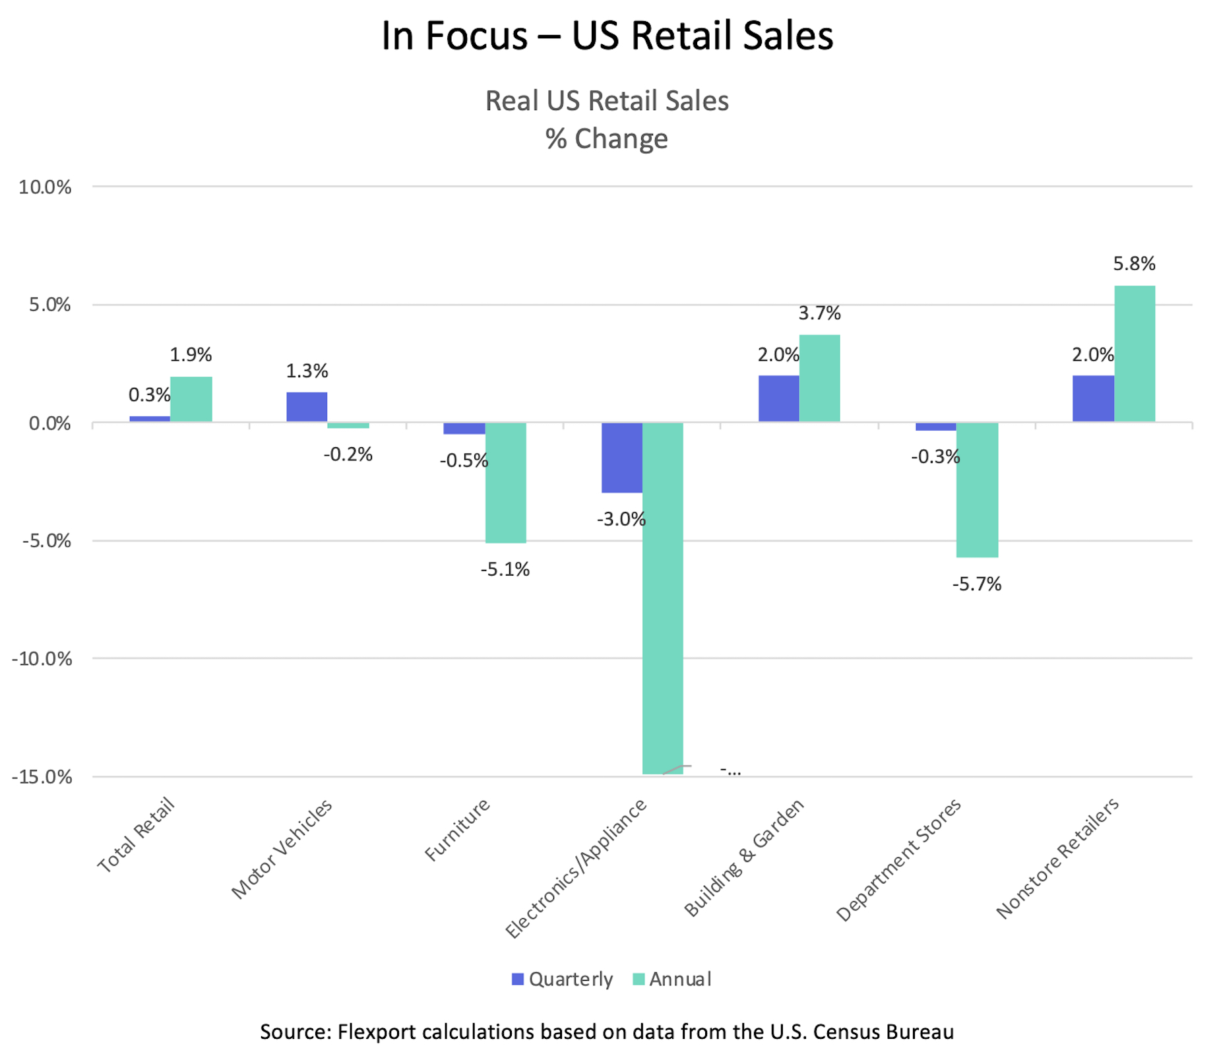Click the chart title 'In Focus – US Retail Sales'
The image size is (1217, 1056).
coord(607,36)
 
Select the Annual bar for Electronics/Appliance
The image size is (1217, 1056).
coord(662,597)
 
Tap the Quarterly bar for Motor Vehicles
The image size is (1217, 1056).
coord(307,407)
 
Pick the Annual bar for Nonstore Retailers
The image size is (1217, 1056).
coord(1134,354)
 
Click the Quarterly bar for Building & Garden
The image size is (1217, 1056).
coord(778,398)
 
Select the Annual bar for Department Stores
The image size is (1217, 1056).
coord(977,489)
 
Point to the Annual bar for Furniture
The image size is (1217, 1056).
coord(505,482)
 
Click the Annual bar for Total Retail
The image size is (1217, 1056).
coord(191,399)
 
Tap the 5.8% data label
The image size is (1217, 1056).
coord(1134,264)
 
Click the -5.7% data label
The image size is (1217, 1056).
coord(976,584)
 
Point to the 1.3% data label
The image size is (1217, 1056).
coord(307,371)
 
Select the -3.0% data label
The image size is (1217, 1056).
coord(621,519)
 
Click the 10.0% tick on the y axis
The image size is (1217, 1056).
coord(45,187)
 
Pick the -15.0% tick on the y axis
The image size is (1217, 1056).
coord(42,776)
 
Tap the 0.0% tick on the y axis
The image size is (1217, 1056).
coord(49,423)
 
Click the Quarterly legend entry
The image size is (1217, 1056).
coord(563,979)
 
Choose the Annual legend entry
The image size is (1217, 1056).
coord(672,979)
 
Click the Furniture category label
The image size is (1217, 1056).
coord(458,829)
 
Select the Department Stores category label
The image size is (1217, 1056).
coord(898,860)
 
